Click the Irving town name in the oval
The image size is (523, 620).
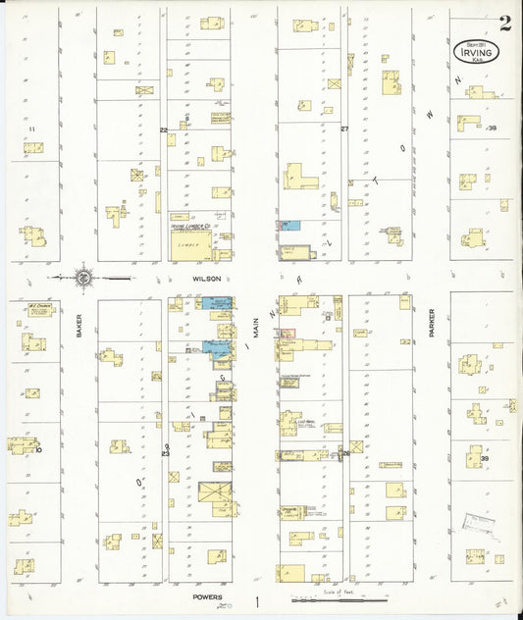coord(477,51)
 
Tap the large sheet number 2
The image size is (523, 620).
coord(504,24)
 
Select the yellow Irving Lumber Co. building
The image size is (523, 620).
coord(193,241)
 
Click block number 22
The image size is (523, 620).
coord(165,129)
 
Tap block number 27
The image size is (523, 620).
coord(344,129)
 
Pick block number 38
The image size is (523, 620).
coord(492,129)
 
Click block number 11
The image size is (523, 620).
coord(31,129)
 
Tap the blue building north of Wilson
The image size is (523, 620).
coord(291,226)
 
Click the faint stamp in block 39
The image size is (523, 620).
coord(478,527)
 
